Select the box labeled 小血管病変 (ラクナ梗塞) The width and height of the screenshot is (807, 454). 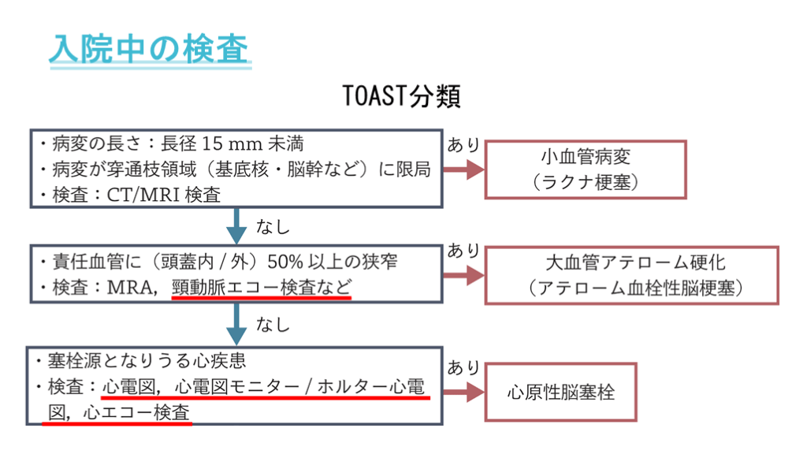[x=585, y=169]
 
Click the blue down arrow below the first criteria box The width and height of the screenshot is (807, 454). [x=235, y=225]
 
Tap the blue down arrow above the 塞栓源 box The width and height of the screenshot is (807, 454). [x=235, y=324]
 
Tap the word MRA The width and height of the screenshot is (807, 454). [x=129, y=288]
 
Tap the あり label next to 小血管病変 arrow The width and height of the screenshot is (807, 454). [x=463, y=144]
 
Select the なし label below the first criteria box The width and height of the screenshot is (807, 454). [x=273, y=227]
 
